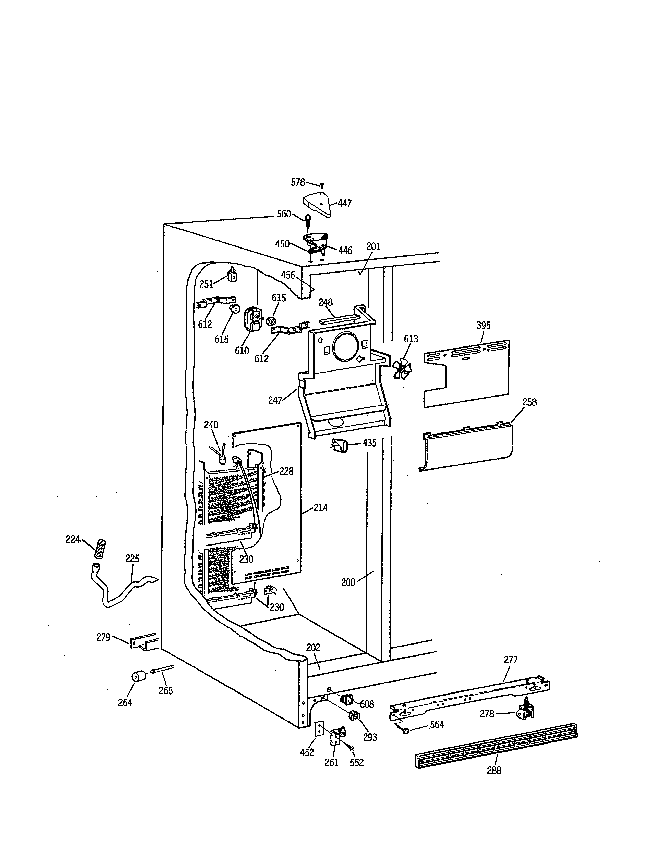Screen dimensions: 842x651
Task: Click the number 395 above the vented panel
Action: tap(483, 325)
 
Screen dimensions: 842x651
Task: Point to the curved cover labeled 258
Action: tap(467, 447)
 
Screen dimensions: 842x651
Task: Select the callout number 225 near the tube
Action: tap(132, 559)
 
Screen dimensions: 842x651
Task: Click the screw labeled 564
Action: tap(405, 730)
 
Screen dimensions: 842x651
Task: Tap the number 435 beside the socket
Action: tap(369, 443)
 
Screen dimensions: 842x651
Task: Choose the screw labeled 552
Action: tap(352, 748)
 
